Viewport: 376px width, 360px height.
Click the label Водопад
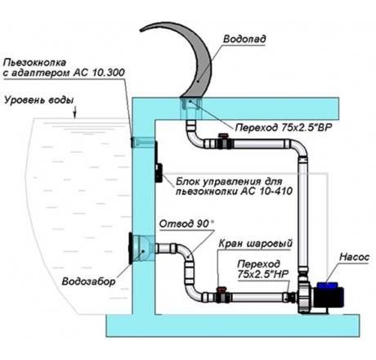click(244, 39)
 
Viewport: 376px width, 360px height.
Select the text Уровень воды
click(39, 100)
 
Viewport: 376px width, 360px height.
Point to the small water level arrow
click(75, 113)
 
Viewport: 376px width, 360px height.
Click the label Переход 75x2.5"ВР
click(284, 128)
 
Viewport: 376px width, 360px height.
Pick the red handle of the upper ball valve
click(223, 135)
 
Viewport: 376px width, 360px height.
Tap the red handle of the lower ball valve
click(221, 289)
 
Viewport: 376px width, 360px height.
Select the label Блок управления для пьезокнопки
click(234, 187)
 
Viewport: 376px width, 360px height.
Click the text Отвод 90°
click(187, 224)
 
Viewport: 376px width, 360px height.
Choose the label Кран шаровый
click(256, 243)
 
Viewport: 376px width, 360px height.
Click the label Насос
click(354, 257)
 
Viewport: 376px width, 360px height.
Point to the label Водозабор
click(89, 281)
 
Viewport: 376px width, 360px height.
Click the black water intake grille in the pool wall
click(131, 248)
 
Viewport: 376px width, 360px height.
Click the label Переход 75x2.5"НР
click(262, 269)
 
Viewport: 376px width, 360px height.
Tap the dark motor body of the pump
click(330, 296)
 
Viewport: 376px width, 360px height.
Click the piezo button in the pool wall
click(132, 142)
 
